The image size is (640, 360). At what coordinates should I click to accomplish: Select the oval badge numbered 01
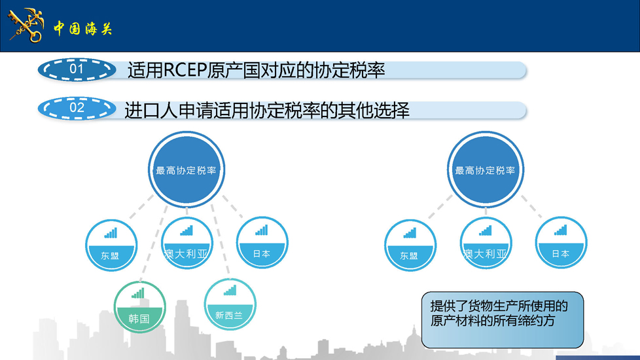[x=77, y=69]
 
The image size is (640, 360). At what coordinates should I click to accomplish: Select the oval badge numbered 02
[x=77, y=108]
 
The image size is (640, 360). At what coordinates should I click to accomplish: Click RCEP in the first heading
[x=185, y=70]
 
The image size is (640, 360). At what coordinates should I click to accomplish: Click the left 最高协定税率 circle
[x=186, y=170]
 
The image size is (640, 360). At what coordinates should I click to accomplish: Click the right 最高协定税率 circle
[x=486, y=170]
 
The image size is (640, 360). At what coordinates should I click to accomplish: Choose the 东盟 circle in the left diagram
[x=111, y=245]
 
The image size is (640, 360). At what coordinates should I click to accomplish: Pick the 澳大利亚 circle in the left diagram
[x=187, y=243]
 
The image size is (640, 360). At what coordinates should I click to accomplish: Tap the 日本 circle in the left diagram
[x=262, y=242]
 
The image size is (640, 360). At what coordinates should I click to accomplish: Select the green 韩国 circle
[x=139, y=307]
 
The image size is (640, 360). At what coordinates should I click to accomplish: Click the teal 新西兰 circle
[x=230, y=304]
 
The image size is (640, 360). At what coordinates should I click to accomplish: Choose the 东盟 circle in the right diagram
[x=410, y=245]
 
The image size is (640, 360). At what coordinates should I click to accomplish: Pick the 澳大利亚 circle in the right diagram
[x=486, y=243]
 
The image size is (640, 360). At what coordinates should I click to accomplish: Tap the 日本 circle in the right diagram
[x=561, y=242]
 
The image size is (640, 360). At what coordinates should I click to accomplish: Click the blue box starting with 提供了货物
[x=503, y=320]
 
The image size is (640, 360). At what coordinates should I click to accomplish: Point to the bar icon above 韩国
[x=138, y=293]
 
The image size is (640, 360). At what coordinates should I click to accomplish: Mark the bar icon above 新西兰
[x=230, y=290]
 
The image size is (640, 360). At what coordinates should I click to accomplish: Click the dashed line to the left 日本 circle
[x=233, y=207]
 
